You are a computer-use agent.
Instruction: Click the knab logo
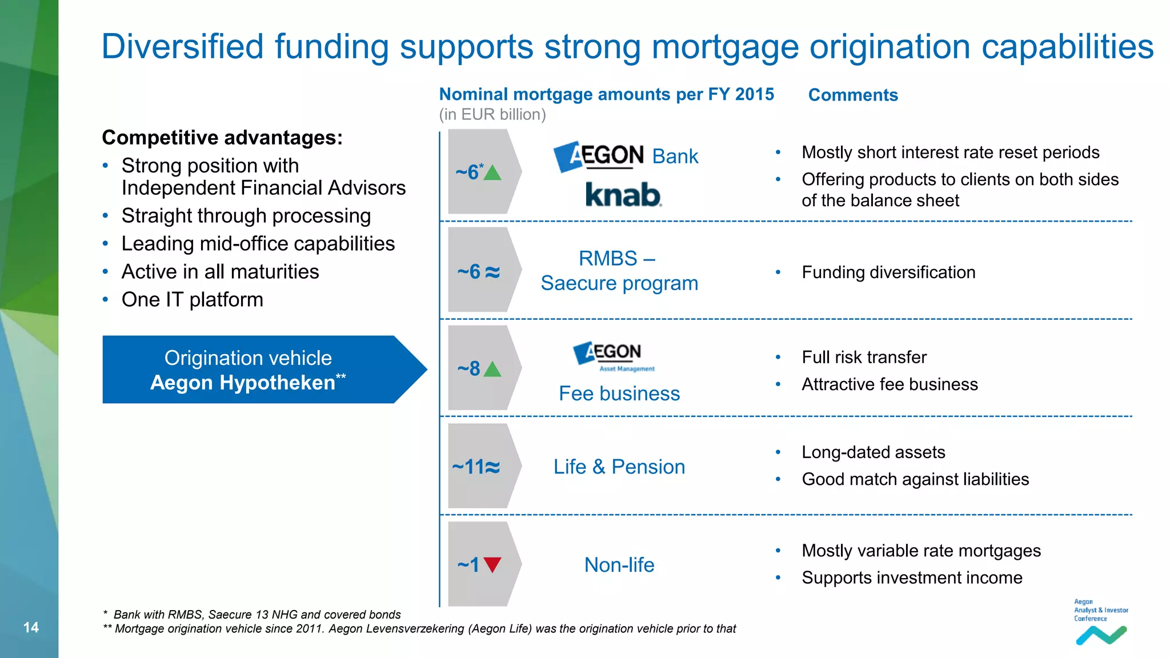(623, 195)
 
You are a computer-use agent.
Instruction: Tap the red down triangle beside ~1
(492, 564)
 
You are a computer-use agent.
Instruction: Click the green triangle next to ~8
(492, 370)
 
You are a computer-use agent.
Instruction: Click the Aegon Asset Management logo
(615, 356)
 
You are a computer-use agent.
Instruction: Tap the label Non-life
(619, 565)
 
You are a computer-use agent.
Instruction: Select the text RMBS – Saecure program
(619, 271)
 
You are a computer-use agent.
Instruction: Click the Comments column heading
(852, 95)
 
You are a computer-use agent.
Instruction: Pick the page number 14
(31, 627)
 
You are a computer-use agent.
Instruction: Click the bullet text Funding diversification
(888, 272)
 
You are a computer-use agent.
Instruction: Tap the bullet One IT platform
(192, 300)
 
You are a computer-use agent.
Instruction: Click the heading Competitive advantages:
(222, 138)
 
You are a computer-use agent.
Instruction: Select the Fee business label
(619, 394)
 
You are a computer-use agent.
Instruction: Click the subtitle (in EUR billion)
(492, 114)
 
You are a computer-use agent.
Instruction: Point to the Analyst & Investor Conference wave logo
(1101, 635)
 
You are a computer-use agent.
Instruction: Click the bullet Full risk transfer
(864, 358)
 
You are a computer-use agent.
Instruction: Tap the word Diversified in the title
(182, 46)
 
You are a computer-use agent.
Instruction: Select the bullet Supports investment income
(911, 577)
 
